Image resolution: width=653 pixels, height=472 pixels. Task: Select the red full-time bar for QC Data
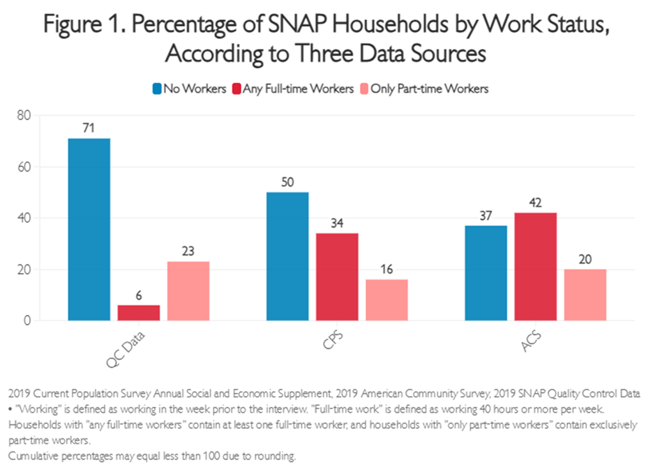tap(138, 313)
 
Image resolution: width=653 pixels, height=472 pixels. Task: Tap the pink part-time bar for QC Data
tap(188, 291)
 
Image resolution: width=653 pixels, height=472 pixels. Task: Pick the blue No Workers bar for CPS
tap(287, 256)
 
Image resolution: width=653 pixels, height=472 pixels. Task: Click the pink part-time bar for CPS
tap(386, 300)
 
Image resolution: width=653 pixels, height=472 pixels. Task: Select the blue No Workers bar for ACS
tap(486, 273)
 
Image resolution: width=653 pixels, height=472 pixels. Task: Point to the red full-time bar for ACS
tap(536, 267)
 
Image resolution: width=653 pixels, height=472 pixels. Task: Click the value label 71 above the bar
tap(89, 128)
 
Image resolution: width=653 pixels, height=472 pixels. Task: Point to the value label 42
tap(536, 202)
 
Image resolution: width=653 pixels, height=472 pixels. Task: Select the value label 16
tap(386, 270)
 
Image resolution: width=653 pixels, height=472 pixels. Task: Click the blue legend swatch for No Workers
tap(157, 89)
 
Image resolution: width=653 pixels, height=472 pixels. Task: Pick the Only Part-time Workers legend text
tap(429, 89)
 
